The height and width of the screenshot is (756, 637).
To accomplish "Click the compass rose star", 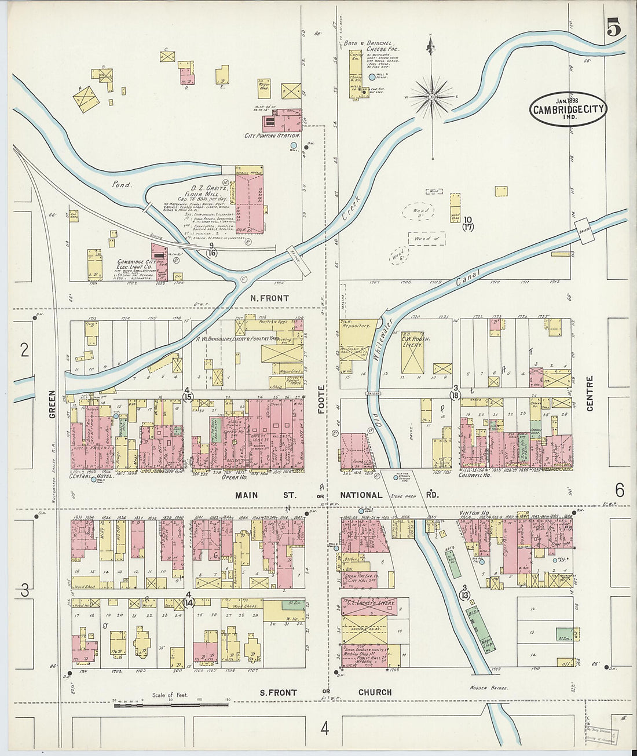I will click(x=432, y=96).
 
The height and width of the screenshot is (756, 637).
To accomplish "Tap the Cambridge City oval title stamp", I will click(x=568, y=109).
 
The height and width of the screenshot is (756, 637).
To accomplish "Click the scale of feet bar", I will click(x=171, y=704).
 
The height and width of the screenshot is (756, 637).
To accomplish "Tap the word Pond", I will click(x=123, y=185).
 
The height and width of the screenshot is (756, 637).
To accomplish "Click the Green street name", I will click(x=52, y=403).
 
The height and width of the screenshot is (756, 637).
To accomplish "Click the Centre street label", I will click(x=590, y=394).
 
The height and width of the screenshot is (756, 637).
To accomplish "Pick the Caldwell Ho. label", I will click(x=474, y=475).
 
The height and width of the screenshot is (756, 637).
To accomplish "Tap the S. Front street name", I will click(x=278, y=692).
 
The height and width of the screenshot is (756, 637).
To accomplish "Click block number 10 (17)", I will click(x=468, y=223).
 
